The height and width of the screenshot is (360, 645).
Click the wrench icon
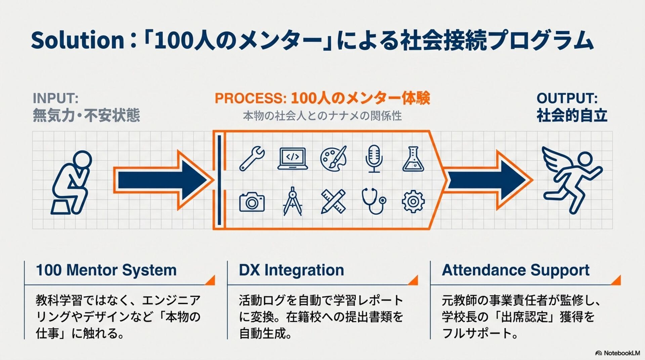pos(252,159)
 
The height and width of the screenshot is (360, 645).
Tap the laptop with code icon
pos(293,158)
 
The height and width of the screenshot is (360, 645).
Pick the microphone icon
pos(374,159)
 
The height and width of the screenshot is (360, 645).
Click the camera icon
pos(252,202)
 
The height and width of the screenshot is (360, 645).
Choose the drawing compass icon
pos(293,201)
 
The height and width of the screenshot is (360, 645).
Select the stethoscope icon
pos(374,201)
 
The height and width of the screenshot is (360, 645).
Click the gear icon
pos(413,201)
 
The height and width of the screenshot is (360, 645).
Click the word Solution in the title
pos(78,41)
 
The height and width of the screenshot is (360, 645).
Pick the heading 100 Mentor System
pos(106,270)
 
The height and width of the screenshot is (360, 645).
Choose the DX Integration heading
pos(291,270)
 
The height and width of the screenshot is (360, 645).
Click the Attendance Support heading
pos(515,270)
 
